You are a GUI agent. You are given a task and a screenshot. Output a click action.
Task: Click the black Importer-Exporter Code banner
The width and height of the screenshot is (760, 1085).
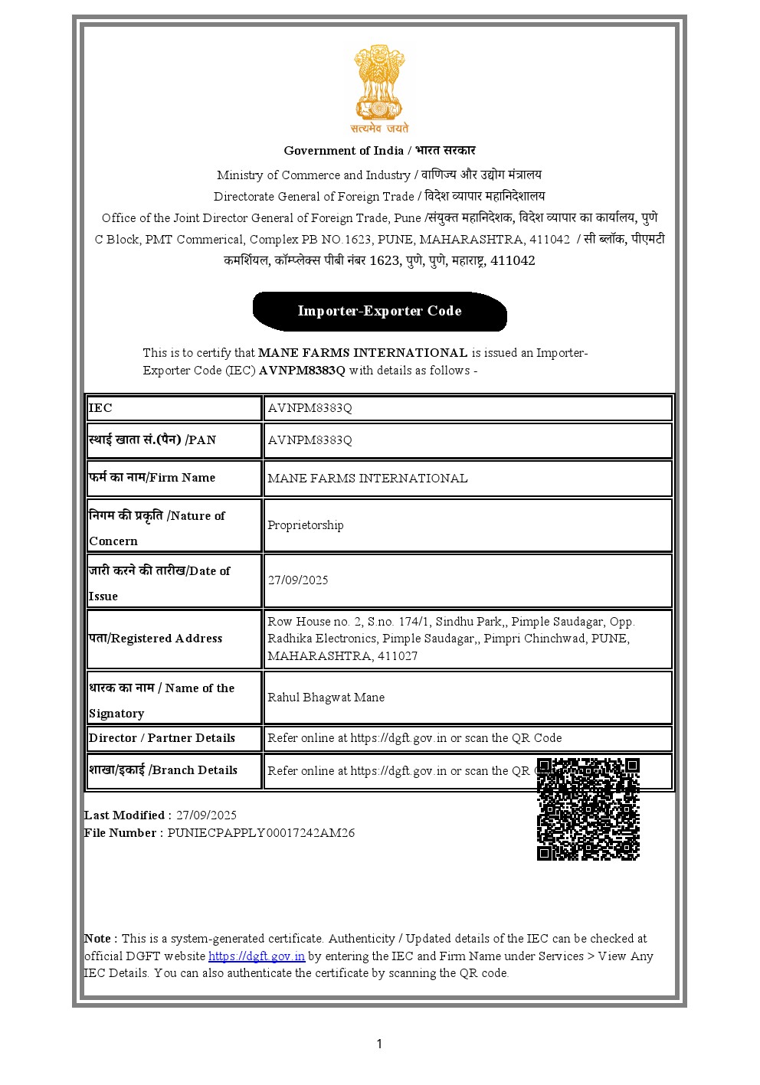click(x=379, y=311)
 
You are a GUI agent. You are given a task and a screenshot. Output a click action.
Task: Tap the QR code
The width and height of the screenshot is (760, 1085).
click(x=588, y=809)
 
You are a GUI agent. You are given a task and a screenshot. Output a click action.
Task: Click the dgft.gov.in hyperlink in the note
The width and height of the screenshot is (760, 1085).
click(x=257, y=956)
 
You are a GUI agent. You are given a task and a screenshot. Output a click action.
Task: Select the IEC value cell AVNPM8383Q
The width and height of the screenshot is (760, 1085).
click(x=310, y=408)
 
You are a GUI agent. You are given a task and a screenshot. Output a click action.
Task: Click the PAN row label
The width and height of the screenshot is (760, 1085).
click(x=152, y=440)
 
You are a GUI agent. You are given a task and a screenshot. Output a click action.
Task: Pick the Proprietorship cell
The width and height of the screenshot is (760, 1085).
click(x=305, y=525)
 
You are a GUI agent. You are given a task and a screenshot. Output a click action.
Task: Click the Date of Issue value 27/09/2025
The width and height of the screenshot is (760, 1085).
click(x=297, y=580)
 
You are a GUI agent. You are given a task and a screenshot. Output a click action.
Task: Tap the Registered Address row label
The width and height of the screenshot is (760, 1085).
click(x=156, y=639)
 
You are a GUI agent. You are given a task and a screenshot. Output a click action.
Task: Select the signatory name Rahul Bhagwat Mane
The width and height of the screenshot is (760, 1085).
click(x=326, y=698)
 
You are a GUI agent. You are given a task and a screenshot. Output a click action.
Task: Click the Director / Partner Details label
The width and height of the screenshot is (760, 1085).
click(x=162, y=738)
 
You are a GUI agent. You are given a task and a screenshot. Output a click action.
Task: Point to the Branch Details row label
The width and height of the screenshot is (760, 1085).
click(x=162, y=770)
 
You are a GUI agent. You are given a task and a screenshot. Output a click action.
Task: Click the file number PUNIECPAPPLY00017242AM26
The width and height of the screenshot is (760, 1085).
click(x=261, y=833)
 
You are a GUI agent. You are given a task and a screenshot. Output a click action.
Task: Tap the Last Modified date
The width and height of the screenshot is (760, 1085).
click(x=206, y=815)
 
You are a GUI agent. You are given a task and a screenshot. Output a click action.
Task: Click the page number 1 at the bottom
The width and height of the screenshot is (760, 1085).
click(x=379, y=1044)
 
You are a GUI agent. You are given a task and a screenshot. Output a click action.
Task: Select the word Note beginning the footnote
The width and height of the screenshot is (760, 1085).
click(x=99, y=939)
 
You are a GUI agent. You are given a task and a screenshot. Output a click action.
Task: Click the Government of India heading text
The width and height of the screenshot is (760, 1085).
click(x=379, y=151)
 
